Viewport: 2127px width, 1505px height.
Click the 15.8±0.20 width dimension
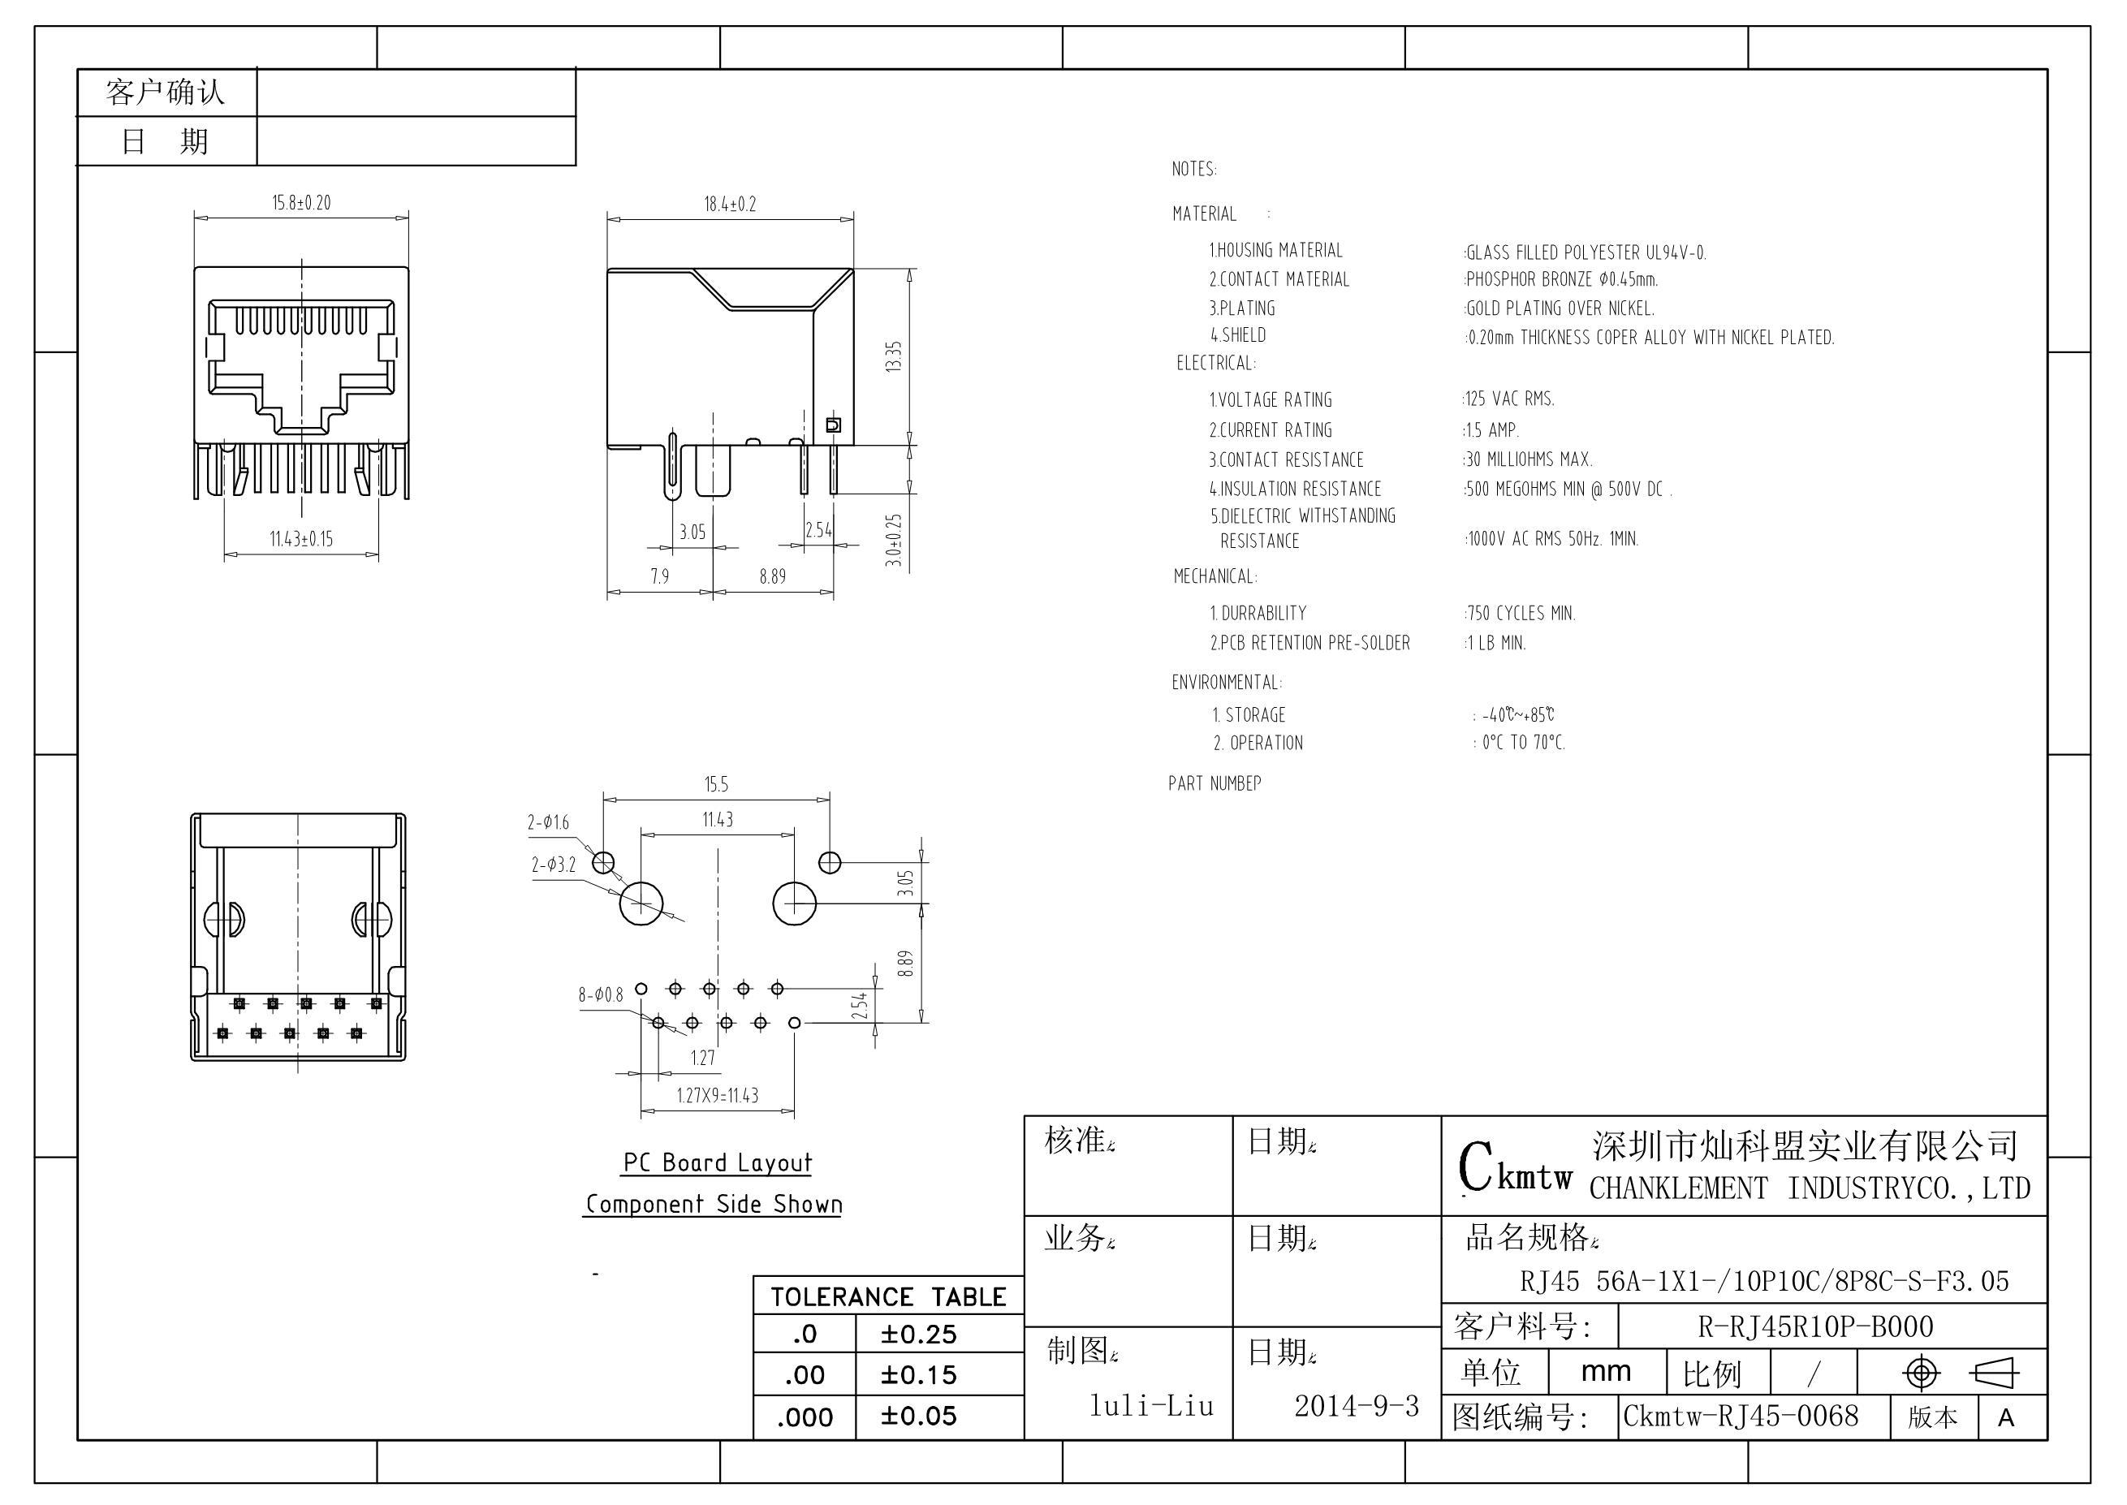pos(301,203)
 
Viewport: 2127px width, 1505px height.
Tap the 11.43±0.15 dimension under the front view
pos(301,538)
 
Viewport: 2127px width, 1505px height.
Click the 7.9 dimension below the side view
pos(660,576)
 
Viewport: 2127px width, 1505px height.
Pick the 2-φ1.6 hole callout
pos(549,822)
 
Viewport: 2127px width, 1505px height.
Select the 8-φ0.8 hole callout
pos(601,995)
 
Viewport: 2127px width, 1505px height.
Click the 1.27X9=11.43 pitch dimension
pos(718,1095)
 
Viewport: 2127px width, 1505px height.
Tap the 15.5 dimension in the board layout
pos(716,785)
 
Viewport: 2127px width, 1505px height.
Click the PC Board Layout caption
pos(718,1163)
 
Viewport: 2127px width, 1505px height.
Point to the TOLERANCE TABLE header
pos(888,1296)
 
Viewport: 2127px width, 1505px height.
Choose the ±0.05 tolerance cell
pos(918,1416)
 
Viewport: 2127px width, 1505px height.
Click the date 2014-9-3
pos(1357,1406)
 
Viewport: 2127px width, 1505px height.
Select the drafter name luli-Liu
pos(1151,1406)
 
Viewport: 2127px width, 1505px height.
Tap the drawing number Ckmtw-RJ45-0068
pos(1741,1416)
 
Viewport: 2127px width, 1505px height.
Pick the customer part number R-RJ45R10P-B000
pos(1815,1327)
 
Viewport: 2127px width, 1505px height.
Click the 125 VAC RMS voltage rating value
pos(1510,399)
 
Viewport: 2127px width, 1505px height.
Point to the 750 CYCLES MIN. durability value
pos(1521,613)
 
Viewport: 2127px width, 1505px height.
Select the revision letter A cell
pos(2007,1418)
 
